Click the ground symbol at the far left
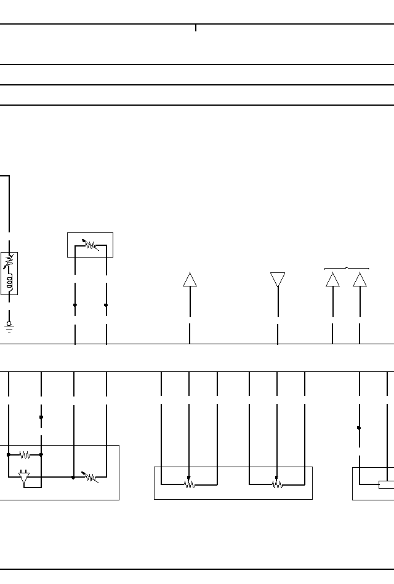(x=9, y=326)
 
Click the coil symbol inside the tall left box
(x=9, y=282)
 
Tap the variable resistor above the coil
(x=9, y=262)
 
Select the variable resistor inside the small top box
(x=90, y=245)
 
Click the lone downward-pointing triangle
(x=278, y=280)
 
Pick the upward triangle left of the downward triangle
(x=190, y=280)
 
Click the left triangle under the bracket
(x=332, y=280)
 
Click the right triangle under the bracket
(x=360, y=280)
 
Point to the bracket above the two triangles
(x=347, y=268)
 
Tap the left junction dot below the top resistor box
(x=75, y=305)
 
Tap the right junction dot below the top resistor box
(x=106, y=305)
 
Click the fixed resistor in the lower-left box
(x=25, y=455)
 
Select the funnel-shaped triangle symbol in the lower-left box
(x=25, y=478)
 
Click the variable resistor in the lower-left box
(x=91, y=477)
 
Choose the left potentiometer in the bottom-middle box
(x=189, y=484)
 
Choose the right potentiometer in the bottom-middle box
(x=277, y=484)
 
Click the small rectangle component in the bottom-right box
(x=387, y=485)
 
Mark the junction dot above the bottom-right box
(x=359, y=428)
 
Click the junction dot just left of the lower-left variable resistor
(x=73, y=477)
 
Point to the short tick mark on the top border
(x=196, y=28)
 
